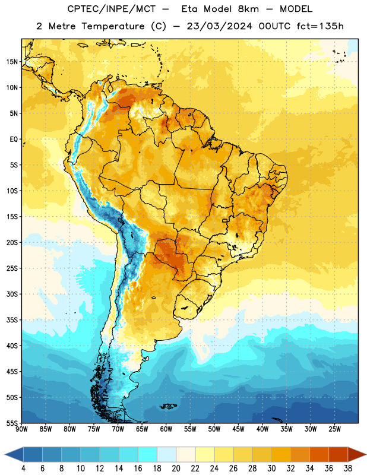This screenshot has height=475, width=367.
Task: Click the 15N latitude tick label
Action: point(12,62)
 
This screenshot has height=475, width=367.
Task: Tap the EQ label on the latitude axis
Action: point(14,140)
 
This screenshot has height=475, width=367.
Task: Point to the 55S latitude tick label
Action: point(12,423)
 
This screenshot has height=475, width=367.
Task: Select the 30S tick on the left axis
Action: point(12,294)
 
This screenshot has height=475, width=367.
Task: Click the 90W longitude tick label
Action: point(21,429)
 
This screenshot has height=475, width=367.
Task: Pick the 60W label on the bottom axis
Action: point(166,429)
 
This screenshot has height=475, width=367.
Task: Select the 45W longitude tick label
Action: point(238,429)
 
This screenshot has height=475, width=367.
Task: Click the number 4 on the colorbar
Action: point(23,468)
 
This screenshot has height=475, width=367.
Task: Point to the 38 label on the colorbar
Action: point(348,468)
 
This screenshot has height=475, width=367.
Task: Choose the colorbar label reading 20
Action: point(176,468)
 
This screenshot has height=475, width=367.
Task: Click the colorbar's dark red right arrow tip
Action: point(366,455)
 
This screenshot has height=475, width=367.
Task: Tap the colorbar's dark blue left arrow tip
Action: point(5,455)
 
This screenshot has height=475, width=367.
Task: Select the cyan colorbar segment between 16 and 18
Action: point(147,455)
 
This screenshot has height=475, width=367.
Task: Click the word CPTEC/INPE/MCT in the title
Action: point(112,9)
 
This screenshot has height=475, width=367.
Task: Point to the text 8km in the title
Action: point(248,9)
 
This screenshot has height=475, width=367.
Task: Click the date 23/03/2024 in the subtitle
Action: point(219,26)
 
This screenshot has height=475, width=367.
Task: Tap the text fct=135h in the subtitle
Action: point(320,26)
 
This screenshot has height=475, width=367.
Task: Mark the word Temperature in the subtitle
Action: point(113,27)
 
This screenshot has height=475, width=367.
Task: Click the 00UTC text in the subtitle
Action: point(274,26)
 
